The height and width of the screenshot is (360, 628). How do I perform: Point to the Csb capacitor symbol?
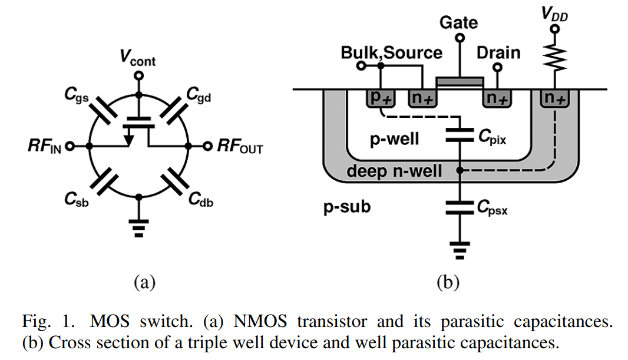pyautogui.click(x=104, y=181)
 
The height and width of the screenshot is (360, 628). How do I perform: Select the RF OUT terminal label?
pyautogui.click(x=239, y=147)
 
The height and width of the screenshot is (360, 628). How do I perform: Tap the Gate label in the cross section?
pyautogui.click(x=459, y=23)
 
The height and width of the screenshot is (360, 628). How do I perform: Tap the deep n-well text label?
pyautogui.click(x=394, y=171)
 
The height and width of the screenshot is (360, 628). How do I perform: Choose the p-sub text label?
pyautogui.click(x=348, y=207)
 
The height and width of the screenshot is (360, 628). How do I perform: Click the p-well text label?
pyautogui.click(x=394, y=139)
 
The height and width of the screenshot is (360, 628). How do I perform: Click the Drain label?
pyautogui.click(x=498, y=52)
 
